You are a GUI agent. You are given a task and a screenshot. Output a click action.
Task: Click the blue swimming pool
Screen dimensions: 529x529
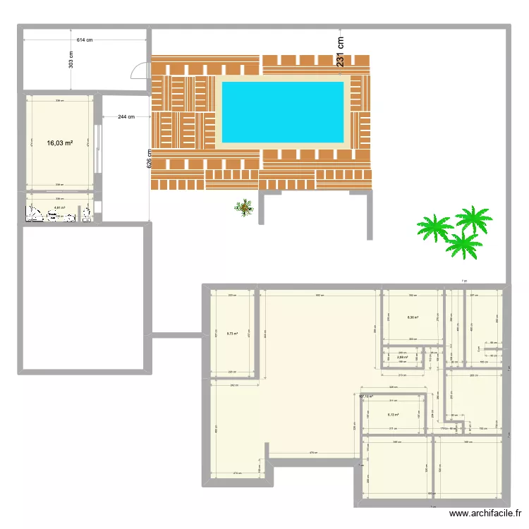[x=283, y=111]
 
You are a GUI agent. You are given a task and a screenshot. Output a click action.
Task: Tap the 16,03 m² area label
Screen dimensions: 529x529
[x=60, y=143]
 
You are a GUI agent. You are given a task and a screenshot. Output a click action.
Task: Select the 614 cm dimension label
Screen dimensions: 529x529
[x=85, y=40]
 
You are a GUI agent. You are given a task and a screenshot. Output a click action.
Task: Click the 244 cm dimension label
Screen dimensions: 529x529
[x=126, y=116]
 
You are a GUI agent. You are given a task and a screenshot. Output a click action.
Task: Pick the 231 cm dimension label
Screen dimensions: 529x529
[x=340, y=51]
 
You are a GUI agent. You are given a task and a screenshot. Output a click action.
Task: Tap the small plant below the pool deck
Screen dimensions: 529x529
[x=245, y=207]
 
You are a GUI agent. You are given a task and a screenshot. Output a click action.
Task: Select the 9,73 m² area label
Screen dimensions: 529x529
[x=232, y=334]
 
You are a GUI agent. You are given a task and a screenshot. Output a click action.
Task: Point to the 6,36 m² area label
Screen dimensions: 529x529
[x=413, y=317]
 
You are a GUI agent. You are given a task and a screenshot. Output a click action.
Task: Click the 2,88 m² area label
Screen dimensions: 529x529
[x=402, y=358]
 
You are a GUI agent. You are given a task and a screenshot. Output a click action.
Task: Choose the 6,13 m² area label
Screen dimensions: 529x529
[x=394, y=415]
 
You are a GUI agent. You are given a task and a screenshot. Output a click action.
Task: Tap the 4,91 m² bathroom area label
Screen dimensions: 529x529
[x=59, y=208]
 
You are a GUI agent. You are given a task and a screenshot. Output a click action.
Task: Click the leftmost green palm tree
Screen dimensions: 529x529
[x=433, y=227]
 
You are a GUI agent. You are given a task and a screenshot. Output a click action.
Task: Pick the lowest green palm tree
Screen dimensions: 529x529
[x=463, y=245]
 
